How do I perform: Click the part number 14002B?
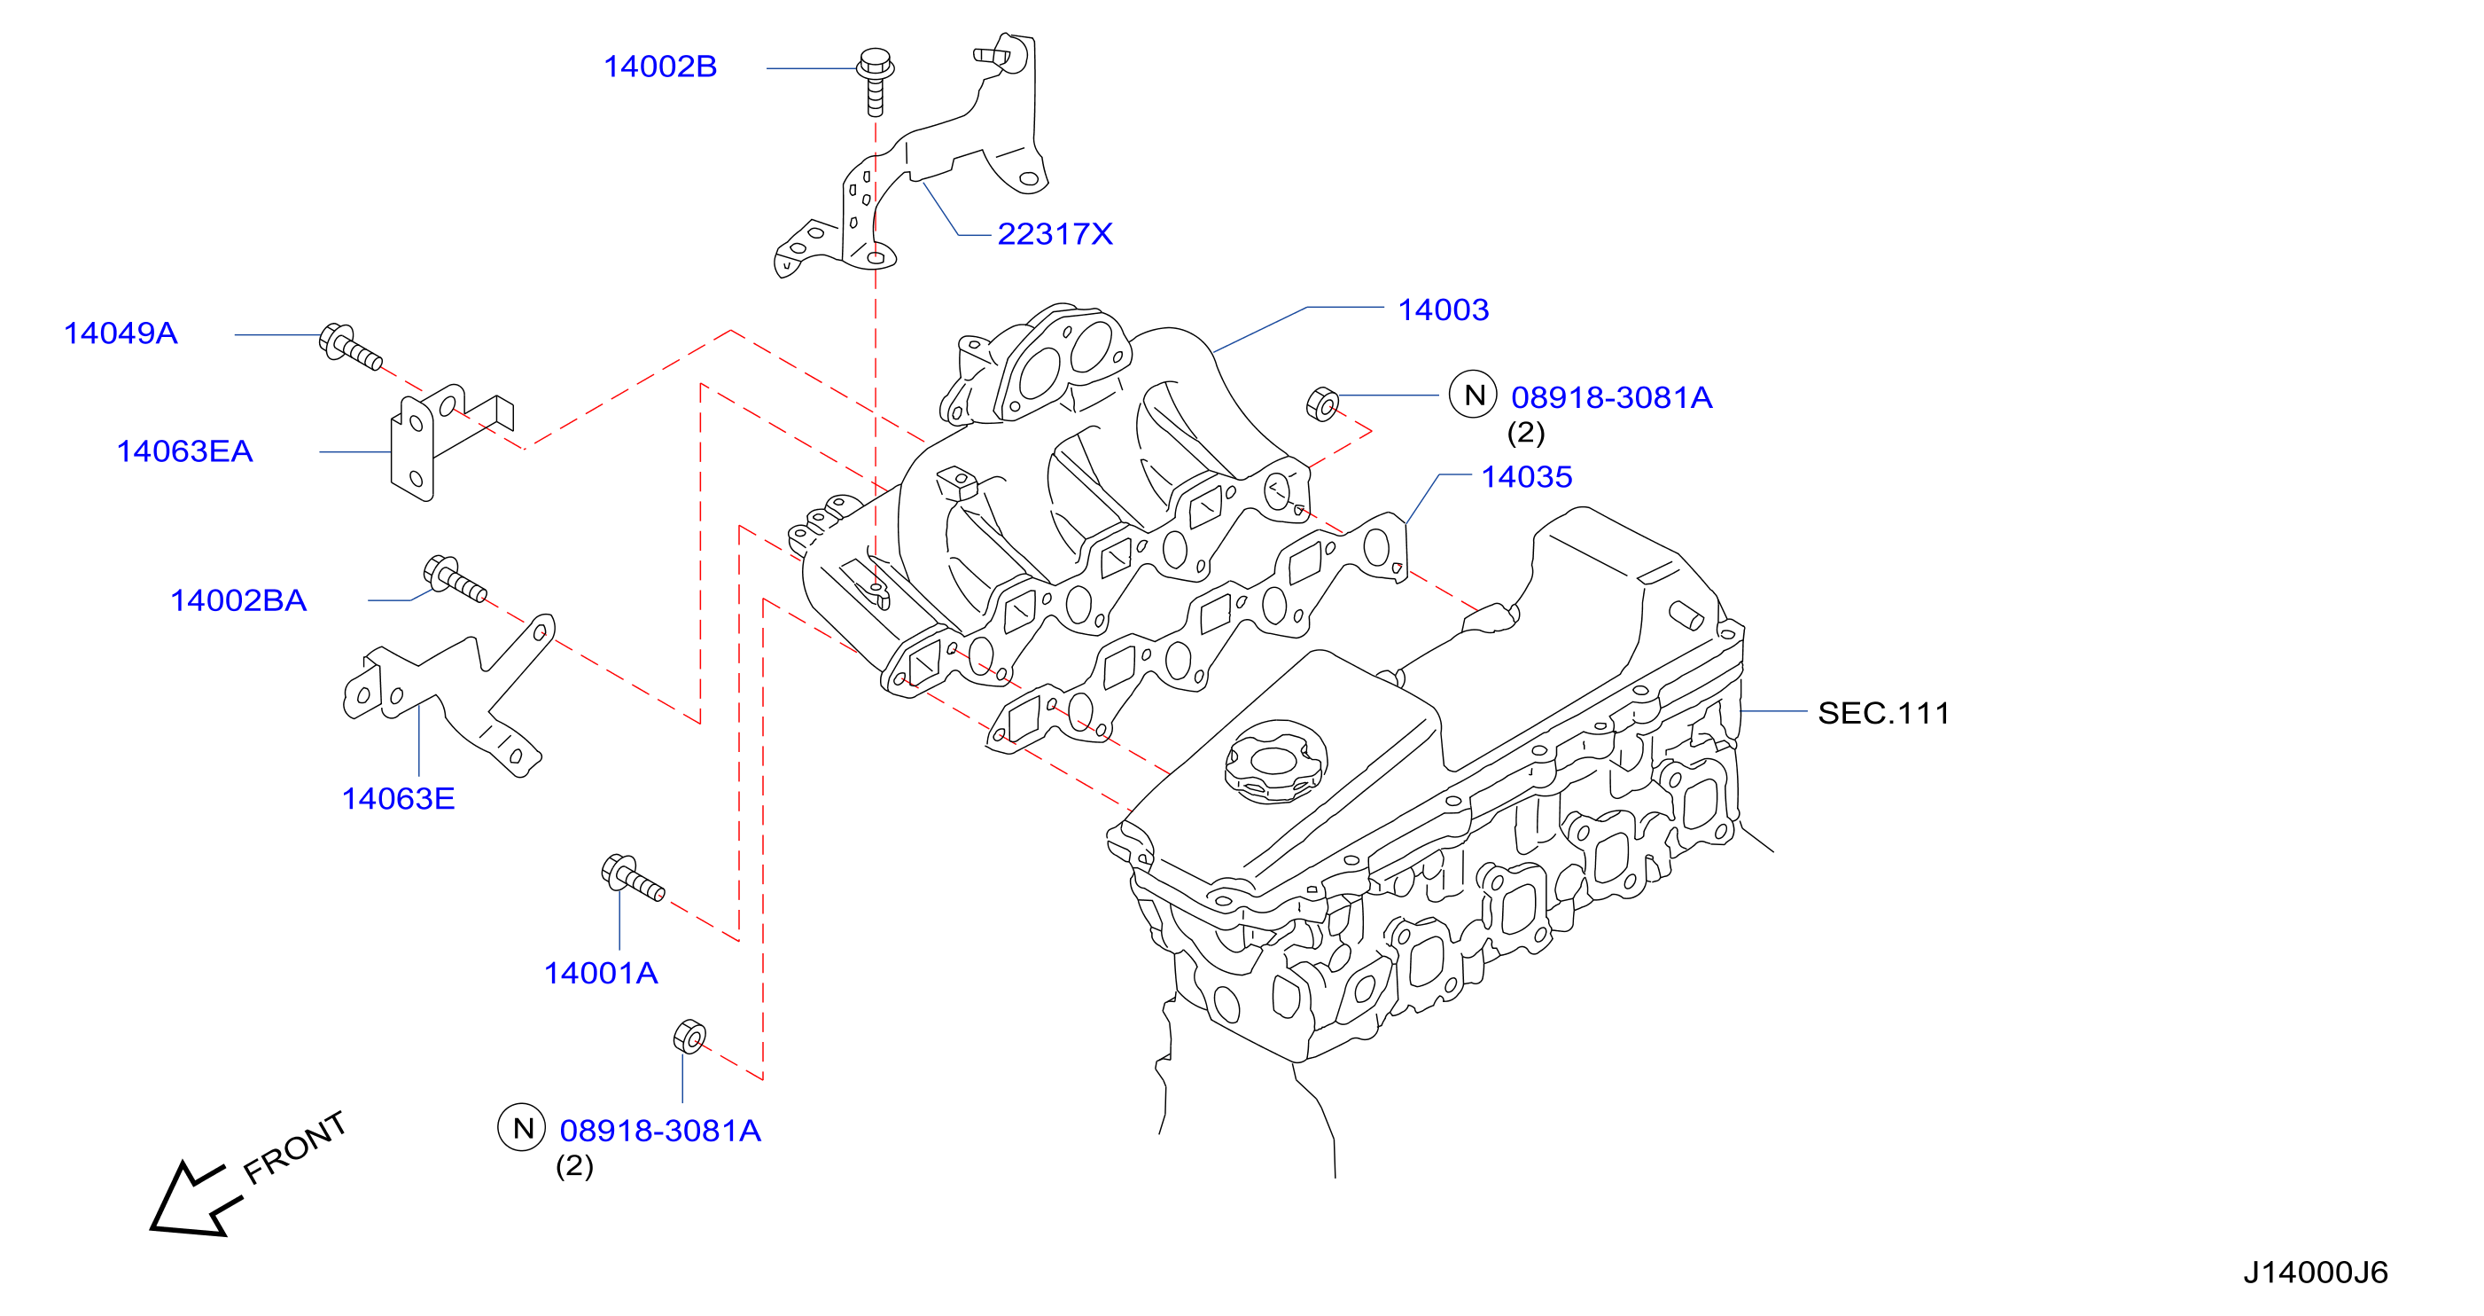(x=660, y=67)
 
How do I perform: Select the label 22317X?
(x=1055, y=233)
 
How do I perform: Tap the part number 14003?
(x=1444, y=309)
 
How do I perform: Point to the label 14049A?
(x=121, y=333)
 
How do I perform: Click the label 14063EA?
(x=184, y=450)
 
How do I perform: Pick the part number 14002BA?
(x=238, y=600)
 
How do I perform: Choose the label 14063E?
(x=398, y=798)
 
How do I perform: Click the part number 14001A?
(x=601, y=973)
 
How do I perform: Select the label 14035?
(x=1526, y=476)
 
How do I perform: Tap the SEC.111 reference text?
(x=1883, y=713)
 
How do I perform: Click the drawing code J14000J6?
(x=2316, y=1273)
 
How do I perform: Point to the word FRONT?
(x=294, y=1148)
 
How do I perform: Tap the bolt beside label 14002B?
(x=876, y=81)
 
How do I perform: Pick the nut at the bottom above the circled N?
(x=689, y=1036)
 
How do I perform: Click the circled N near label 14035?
(x=1473, y=395)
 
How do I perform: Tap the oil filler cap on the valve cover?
(x=1274, y=761)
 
